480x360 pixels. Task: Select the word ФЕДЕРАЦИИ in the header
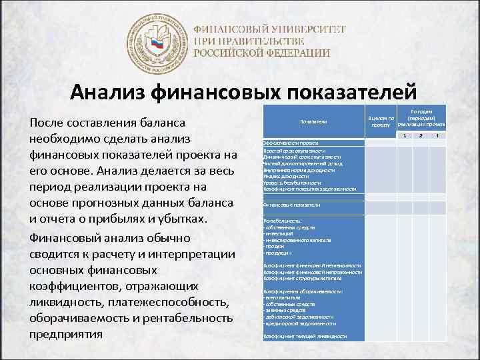click(294, 53)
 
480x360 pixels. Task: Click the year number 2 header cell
click(421, 136)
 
